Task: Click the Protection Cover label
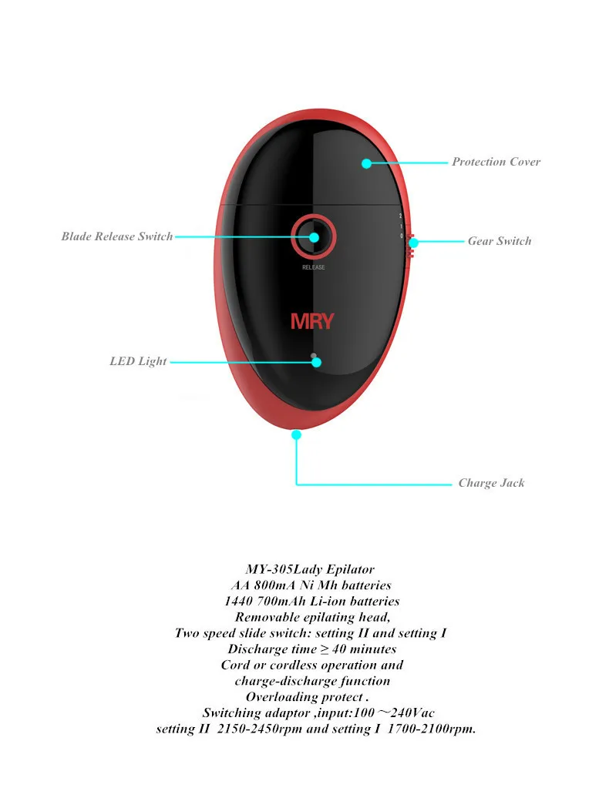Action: point(496,162)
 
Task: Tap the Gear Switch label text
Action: point(500,241)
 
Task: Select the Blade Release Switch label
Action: point(117,236)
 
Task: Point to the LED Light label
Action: point(138,361)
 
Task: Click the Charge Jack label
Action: point(491,483)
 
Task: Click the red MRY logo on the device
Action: point(312,321)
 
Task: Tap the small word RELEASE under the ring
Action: point(313,267)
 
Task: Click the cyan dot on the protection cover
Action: point(367,163)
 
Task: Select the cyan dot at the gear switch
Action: point(413,242)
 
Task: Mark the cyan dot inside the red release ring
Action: point(314,236)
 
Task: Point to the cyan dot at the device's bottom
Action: point(296,435)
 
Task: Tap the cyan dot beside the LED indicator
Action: point(316,362)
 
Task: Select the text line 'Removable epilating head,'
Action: point(313,617)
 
